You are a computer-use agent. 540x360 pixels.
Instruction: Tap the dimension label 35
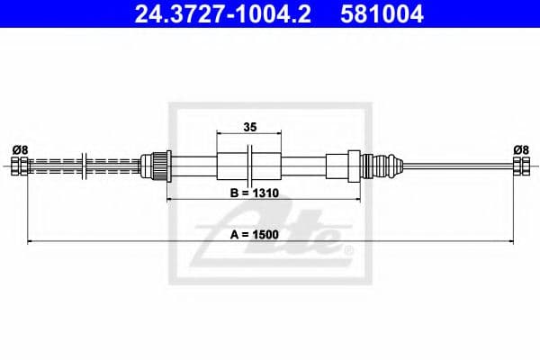pyautogui.click(x=251, y=127)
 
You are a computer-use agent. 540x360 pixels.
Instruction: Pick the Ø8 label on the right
pyautogui.click(x=519, y=148)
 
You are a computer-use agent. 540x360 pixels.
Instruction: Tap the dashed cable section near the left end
pyautogui.click(x=54, y=166)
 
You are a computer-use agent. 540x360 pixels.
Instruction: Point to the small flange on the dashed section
pyautogui.click(x=84, y=166)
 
